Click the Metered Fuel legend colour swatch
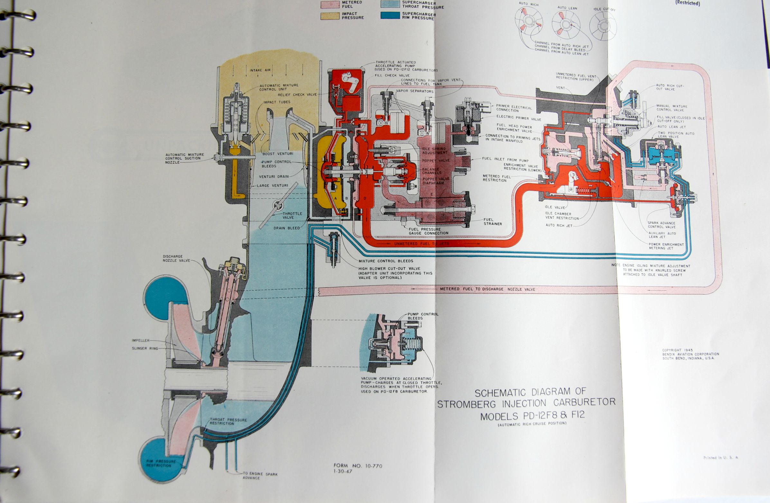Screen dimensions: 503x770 click(330, 4)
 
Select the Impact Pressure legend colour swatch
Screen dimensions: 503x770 click(330, 16)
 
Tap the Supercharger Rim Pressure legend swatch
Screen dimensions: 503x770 click(390, 15)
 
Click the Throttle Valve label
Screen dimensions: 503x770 click(292, 216)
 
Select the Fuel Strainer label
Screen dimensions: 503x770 click(493, 222)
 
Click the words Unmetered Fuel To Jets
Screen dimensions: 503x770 click(421, 244)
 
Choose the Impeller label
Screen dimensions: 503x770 click(141, 340)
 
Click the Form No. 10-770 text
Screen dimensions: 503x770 click(358, 466)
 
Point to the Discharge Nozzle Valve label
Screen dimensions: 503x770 click(176, 258)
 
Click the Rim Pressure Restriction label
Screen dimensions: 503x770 click(161, 463)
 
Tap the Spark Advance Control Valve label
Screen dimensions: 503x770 click(661, 225)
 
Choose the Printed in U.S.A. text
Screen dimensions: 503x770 click(721, 458)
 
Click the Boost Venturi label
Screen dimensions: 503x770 click(278, 154)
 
